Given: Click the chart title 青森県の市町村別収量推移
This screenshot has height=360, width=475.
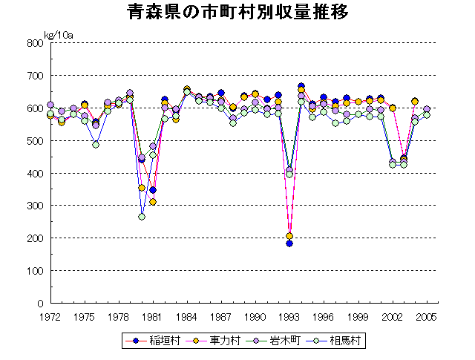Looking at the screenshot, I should point(237,13).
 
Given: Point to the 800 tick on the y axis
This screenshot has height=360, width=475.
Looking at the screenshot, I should point(36,43).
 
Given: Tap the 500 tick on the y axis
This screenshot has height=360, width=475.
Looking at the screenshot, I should point(36,140).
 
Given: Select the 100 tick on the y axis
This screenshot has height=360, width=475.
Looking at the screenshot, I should point(36,271).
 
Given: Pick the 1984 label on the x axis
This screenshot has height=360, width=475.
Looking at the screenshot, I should point(187,316).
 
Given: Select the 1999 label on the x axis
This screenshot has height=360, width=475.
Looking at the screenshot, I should point(358,316).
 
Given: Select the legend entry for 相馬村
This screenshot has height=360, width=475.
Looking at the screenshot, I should point(341,341).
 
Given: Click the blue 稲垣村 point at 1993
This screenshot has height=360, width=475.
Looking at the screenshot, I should point(289,243).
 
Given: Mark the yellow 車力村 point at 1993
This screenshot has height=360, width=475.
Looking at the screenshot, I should point(289,236).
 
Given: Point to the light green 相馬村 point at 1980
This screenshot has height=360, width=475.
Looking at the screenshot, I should point(142,217).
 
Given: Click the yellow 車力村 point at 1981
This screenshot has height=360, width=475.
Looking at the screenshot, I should point(153,202).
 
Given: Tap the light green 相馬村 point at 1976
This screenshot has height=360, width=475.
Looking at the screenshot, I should point(96,145).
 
